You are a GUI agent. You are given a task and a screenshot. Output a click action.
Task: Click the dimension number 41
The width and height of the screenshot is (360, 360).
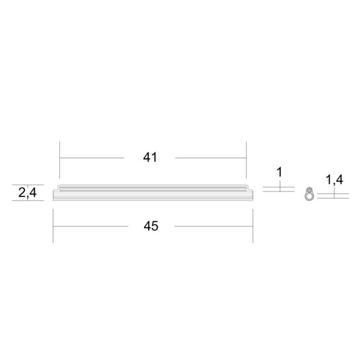pos(150,157)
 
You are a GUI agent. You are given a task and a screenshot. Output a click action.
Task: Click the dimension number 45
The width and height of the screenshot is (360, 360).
pos(151,226)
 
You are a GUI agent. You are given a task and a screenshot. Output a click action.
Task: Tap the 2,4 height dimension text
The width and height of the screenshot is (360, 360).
pos(27,193)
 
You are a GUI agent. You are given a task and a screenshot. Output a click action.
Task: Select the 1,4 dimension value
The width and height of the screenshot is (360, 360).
pos(334,180)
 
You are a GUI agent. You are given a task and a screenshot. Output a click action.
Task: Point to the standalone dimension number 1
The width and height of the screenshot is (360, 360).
pos(279,172)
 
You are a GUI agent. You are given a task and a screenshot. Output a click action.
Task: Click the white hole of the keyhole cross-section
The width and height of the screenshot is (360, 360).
pos(310,196)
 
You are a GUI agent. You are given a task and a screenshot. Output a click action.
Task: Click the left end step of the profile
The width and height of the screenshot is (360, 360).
pos(56,188)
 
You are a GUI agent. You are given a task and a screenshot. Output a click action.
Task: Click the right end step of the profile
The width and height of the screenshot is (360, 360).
pos(250,188)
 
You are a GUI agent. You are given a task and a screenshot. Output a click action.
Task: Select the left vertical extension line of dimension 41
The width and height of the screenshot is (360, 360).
pos(60,160)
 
